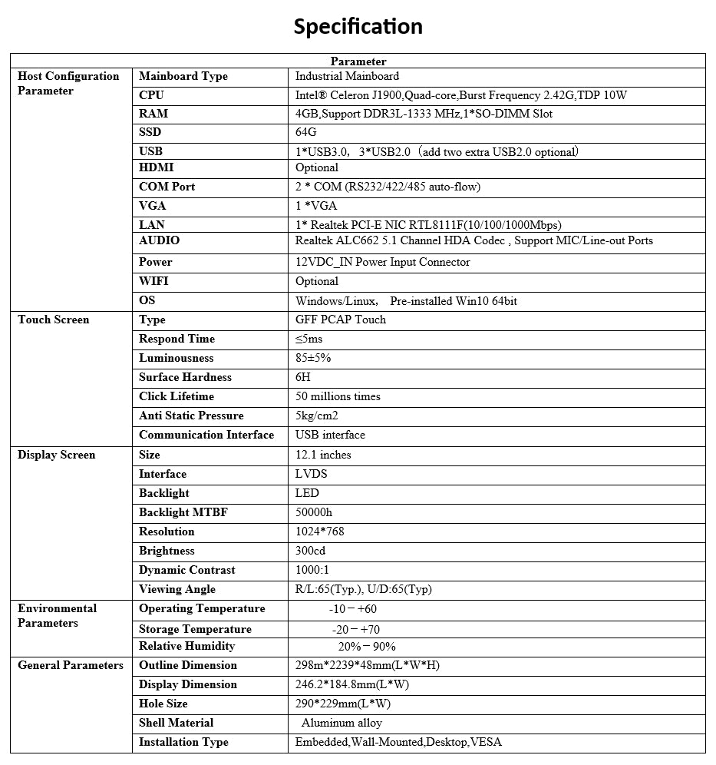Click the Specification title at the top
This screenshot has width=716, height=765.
pyautogui.click(x=358, y=27)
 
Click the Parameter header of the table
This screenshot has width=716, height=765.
pyautogui.click(x=358, y=61)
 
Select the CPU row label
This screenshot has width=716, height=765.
pyautogui.click(x=151, y=95)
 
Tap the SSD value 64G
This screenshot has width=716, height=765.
pyautogui.click(x=306, y=132)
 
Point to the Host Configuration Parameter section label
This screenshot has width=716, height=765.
pyautogui.click(x=68, y=83)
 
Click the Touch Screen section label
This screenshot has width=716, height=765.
pyautogui.click(x=54, y=320)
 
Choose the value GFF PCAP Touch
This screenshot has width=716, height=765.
pyautogui.click(x=341, y=320)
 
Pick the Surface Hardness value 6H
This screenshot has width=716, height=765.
pyautogui.click(x=303, y=377)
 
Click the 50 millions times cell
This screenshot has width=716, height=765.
pyautogui.click(x=338, y=396)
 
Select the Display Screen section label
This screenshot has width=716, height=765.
pyautogui.click(x=57, y=455)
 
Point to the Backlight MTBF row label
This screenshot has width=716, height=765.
pyautogui.click(x=183, y=512)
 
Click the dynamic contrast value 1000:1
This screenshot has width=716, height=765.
pyautogui.click(x=312, y=570)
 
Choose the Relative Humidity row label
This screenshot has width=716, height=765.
pyautogui.click(x=187, y=646)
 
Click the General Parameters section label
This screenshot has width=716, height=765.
pyautogui.click(x=71, y=665)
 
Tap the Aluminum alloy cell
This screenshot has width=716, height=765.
pyautogui.click(x=342, y=723)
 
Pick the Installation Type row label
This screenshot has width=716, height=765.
pyautogui.click(x=183, y=742)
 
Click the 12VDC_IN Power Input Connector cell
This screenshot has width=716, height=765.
pyautogui.click(x=383, y=262)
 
